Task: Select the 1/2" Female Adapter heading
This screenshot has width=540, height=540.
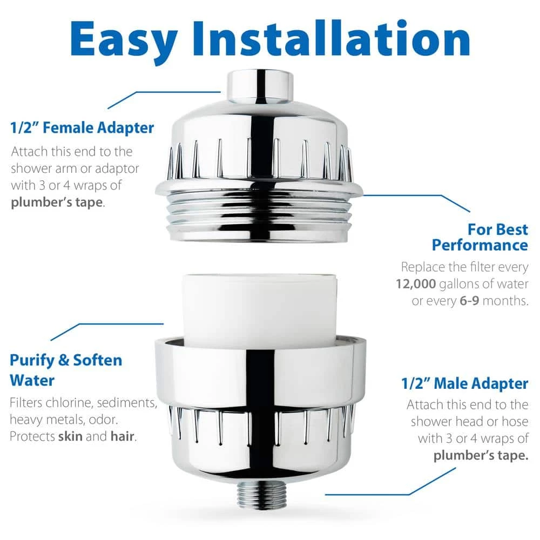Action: coord(82,128)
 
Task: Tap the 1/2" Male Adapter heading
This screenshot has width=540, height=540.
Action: coord(464,384)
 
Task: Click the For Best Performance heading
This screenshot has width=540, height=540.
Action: coord(480,237)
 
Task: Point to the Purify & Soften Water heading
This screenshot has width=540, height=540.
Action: coord(65,370)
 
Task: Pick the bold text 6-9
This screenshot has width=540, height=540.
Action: coord(468,301)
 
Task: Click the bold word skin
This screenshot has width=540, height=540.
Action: coord(70,436)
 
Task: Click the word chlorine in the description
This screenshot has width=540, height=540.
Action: coord(74,403)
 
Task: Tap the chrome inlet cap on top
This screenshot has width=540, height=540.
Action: coord(259,86)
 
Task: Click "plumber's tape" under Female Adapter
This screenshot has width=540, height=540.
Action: coord(57,202)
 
